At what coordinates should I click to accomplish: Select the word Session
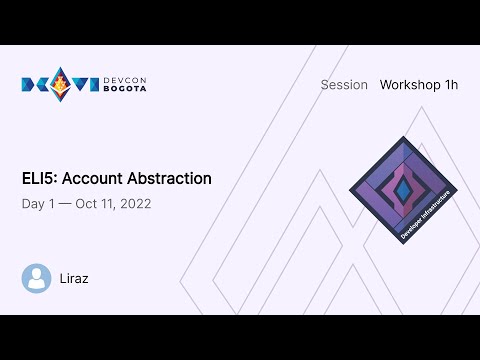coord(344,85)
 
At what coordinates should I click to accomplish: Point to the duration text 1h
coord(450,85)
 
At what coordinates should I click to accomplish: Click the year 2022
coord(135,204)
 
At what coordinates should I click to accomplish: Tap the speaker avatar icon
coord(37,278)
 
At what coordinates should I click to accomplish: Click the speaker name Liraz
coord(74,278)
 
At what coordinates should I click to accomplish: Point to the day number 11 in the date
coord(108,204)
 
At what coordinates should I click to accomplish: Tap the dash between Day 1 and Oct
coord(65,204)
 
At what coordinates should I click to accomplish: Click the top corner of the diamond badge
coord(403,138)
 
